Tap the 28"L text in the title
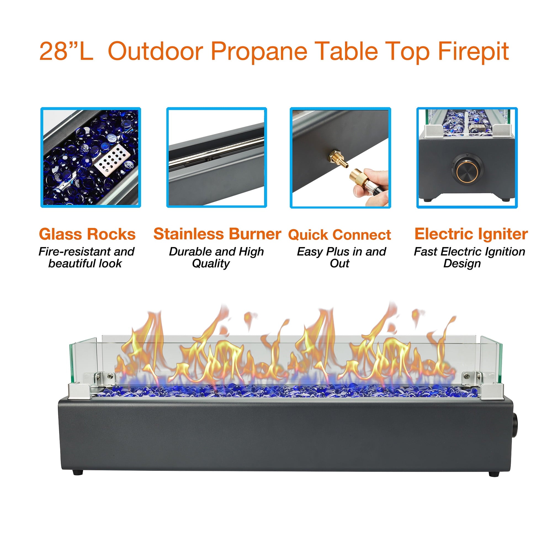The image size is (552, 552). click(x=66, y=51)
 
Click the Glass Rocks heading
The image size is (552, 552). click(x=87, y=234)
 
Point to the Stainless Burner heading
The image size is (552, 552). click(x=217, y=234)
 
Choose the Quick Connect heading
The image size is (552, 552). click(x=339, y=235)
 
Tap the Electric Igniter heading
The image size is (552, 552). click(x=471, y=234)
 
